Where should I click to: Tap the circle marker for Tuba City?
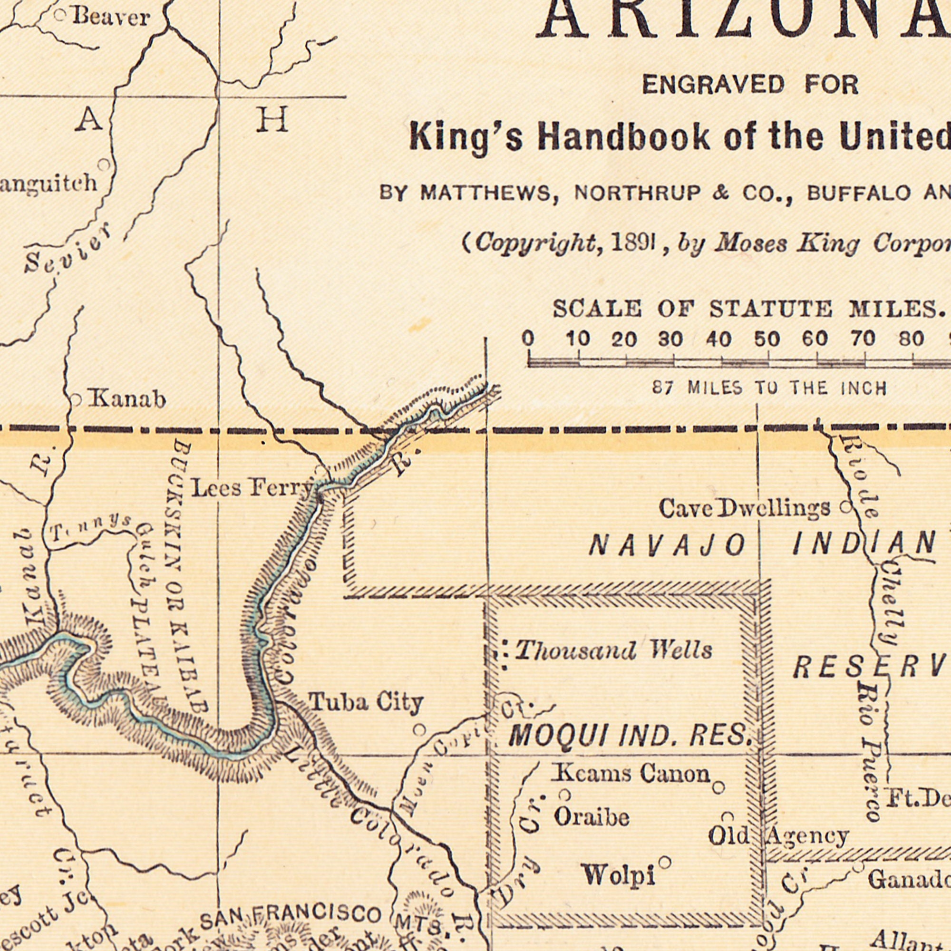[418, 729]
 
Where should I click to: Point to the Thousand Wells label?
[613, 651]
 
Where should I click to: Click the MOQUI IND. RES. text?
[629, 736]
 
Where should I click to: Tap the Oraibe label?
[592, 818]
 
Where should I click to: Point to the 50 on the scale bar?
[767, 339]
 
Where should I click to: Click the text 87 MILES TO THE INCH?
[770, 388]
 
